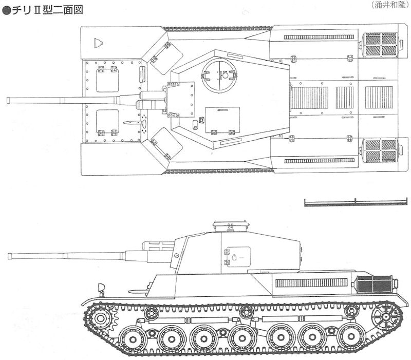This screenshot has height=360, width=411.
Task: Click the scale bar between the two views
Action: tap(356, 202)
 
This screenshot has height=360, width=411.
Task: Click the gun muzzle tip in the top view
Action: tap(8, 100)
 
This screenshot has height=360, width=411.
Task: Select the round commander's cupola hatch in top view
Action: tap(219, 75)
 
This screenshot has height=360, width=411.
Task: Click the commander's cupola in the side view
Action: tap(231, 226)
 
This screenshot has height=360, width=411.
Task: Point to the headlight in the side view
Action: tap(101, 288)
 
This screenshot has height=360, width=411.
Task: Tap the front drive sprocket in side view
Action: tap(101, 318)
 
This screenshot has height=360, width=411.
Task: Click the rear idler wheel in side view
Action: tap(386, 317)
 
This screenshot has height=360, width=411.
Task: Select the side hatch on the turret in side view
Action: tap(237, 257)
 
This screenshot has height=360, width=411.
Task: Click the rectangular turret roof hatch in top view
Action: tap(222, 121)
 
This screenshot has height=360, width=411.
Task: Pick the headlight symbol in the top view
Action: tap(98, 43)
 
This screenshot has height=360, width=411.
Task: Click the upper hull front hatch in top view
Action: tap(107, 80)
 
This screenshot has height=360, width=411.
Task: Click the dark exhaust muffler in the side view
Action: tap(375, 285)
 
